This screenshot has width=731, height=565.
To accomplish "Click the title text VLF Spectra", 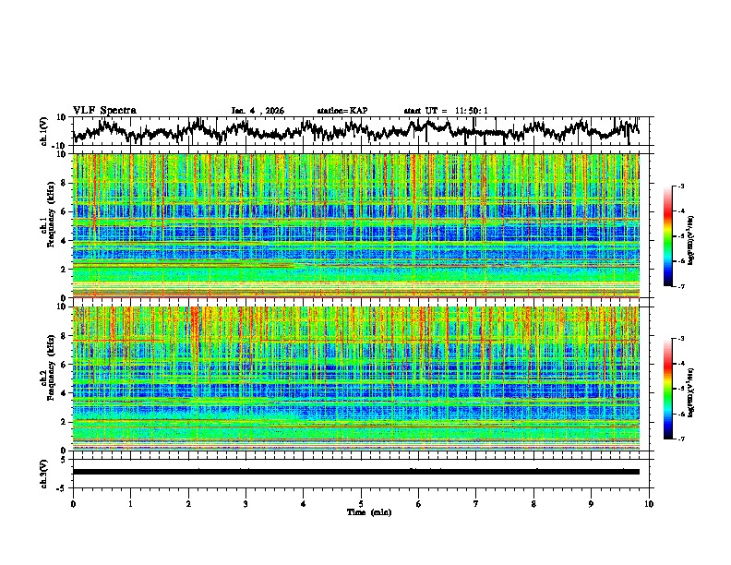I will tap(104, 110).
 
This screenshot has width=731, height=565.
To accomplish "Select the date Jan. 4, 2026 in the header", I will tap(258, 111).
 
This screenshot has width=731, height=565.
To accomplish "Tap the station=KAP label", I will tap(342, 111).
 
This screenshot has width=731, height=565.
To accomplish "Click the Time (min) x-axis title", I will tap(361, 511).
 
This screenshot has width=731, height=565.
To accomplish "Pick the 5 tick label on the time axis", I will tap(361, 503).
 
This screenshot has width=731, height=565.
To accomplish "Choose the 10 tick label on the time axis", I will tap(649, 503).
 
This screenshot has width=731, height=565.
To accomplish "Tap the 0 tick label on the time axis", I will tap(73, 503).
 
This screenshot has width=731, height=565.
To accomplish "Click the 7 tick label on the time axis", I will tap(476, 503).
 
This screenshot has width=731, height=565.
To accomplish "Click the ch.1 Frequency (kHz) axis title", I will tap(46, 225).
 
